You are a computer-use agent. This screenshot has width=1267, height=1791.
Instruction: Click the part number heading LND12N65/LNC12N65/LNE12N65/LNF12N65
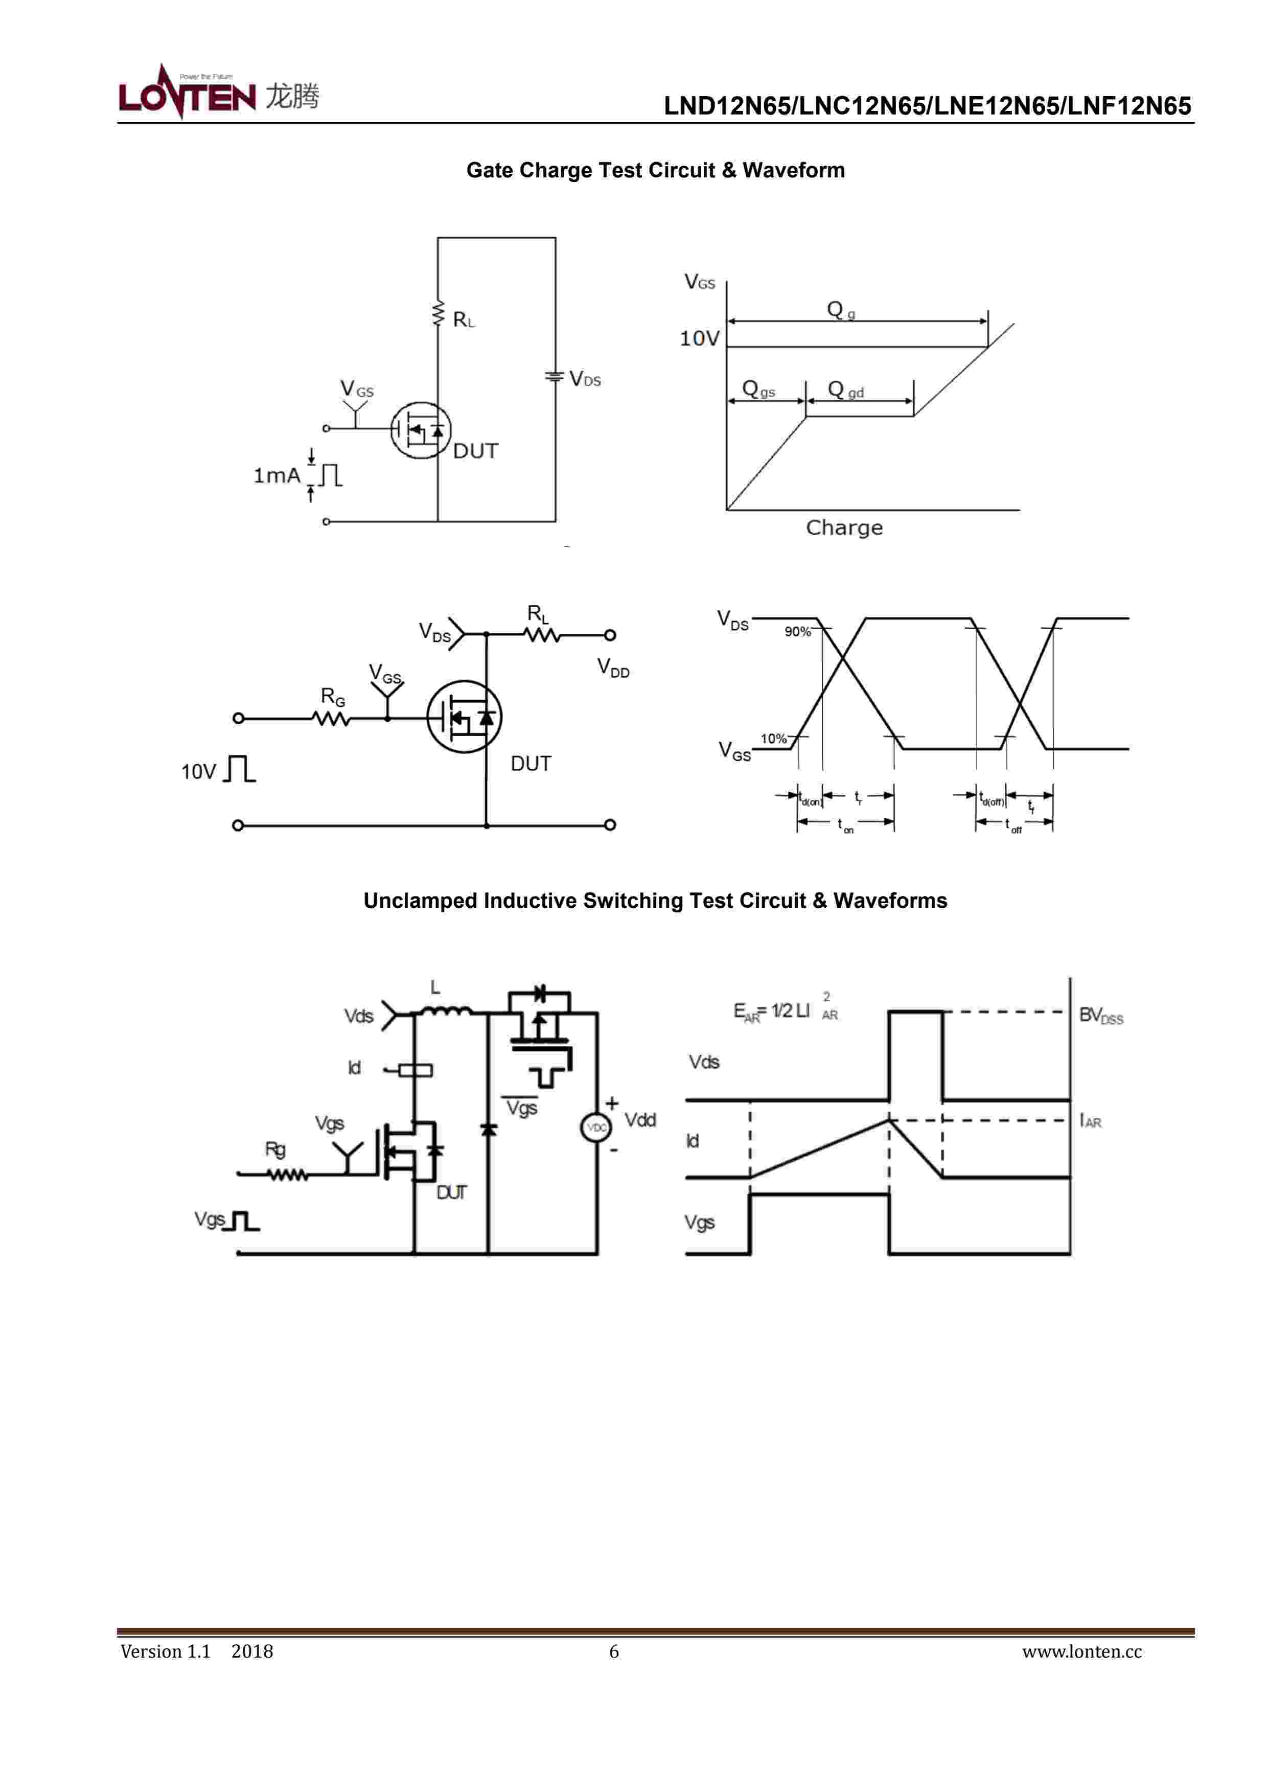pos(927,106)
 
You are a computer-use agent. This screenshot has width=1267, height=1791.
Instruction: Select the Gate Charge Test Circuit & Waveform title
pos(655,170)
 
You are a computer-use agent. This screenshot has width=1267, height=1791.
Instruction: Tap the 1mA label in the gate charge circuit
pos(276,475)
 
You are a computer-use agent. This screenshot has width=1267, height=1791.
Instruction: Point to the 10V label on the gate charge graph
pos(699,338)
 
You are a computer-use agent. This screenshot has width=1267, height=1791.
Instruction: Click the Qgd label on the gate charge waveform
pos(845,389)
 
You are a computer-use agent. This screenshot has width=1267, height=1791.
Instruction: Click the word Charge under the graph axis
pos(844,528)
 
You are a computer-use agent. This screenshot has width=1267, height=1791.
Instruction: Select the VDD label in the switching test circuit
pos(613,668)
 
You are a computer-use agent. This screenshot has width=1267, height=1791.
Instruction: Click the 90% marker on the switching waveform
pos(797,631)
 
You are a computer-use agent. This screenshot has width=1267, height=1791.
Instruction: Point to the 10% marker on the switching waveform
pos(773,738)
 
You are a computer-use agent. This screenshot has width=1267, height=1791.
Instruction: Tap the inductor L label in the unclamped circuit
pos(435,988)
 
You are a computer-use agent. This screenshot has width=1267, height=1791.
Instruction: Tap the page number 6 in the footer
pos(614,1651)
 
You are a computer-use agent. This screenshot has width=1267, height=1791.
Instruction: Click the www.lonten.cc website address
pos(1081,1651)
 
